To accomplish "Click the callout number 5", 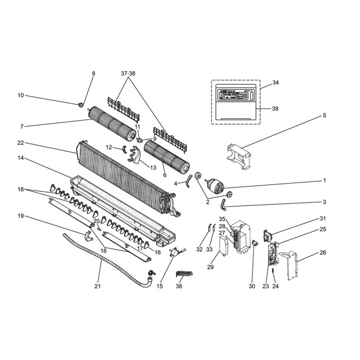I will coord(324,115).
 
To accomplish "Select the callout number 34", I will coord(276,83).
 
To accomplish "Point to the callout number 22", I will coord(20,143).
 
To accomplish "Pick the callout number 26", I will coord(323,253).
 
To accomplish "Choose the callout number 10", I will coord(20,95).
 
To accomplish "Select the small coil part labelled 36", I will coord(184,275).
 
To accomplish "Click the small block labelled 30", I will coord(255,243).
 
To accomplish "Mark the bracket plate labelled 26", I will coord(291,263).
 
